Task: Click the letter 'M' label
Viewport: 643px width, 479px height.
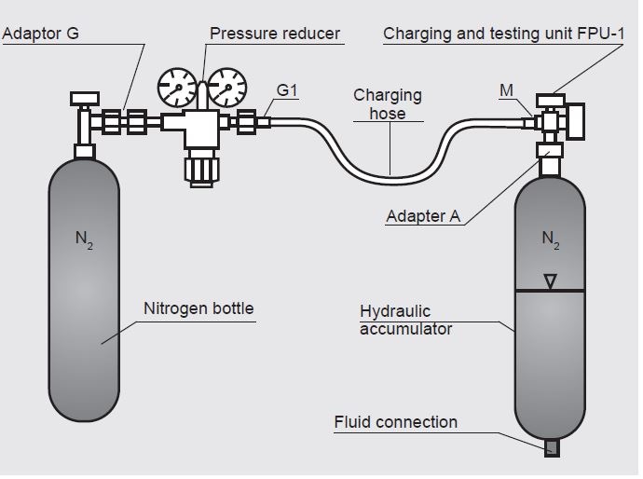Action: [506, 90]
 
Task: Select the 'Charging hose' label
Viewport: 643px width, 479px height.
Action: [387, 103]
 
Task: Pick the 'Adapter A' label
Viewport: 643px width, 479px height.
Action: [423, 216]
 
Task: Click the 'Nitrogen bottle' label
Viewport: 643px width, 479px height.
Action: [198, 308]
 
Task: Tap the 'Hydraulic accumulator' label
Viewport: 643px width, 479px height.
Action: [405, 319]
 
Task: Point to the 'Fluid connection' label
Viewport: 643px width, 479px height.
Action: [396, 422]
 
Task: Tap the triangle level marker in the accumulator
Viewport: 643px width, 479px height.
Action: [550, 280]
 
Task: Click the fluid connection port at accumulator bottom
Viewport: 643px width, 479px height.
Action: [551, 448]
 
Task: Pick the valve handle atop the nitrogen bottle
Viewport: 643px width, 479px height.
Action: [85, 96]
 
